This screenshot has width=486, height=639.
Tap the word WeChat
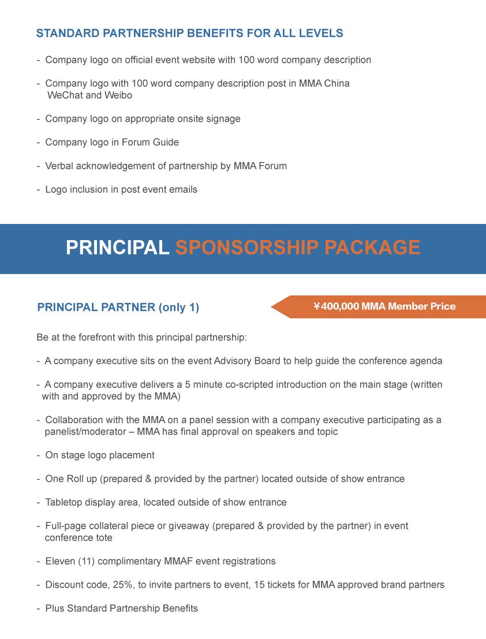tap(65, 95)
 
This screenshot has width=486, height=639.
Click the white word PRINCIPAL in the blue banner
tap(117, 248)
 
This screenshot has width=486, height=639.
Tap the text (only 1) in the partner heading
tap(178, 308)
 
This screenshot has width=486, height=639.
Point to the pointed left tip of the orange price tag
tap(272, 307)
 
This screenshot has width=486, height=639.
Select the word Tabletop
tap(63, 502)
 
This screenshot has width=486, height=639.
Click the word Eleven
tap(59, 561)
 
